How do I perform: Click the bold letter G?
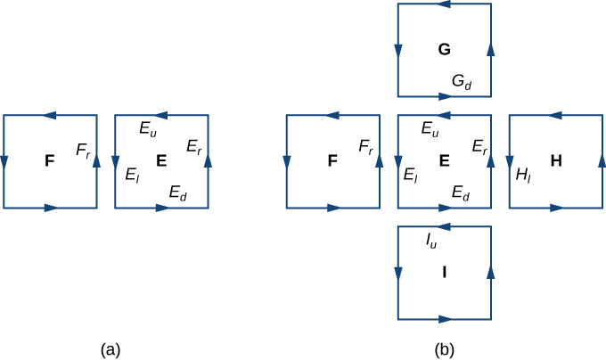[x=444, y=49]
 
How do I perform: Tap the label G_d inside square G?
[x=462, y=82]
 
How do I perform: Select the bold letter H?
[x=556, y=160]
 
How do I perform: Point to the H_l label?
[x=523, y=175]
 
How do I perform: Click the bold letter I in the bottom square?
[x=444, y=272]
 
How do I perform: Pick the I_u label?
[x=430, y=239]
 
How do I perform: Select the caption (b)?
[x=445, y=349]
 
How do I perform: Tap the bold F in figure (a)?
[x=50, y=160]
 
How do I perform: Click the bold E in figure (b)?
[x=444, y=160]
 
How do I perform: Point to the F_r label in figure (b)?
[x=365, y=146]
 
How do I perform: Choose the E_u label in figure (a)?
[x=148, y=127]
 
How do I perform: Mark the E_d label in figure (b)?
[x=461, y=192]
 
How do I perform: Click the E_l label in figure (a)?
[x=132, y=175]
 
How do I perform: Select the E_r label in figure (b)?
[x=479, y=146]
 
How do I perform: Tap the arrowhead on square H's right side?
[x=602, y=161]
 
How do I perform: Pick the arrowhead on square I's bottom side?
[x=445, y=319]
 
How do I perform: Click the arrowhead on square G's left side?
[x=397, y=50]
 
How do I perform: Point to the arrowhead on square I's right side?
[x=490, y=272]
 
